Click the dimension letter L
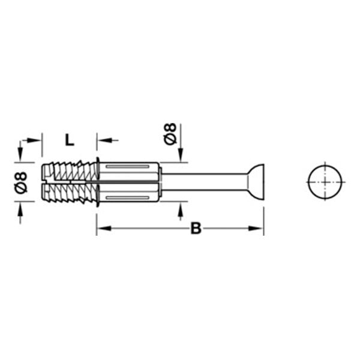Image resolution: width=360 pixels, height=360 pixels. pos(70,140)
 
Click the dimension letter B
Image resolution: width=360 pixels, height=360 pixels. pos(196,228)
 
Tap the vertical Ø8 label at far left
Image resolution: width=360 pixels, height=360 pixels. pos(21,182)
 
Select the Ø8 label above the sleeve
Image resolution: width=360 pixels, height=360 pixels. pos(170,134)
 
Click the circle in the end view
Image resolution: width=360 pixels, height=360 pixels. pos(325,182)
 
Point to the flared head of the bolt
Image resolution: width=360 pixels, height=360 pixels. pos(256,182)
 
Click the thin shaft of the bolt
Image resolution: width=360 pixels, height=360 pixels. pos(205,182)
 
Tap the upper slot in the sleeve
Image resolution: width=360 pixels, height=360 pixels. pos(127,166)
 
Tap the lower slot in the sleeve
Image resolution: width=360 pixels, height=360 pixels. pos(127,197)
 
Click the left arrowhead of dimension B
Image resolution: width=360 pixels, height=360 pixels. pos(103,228)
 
